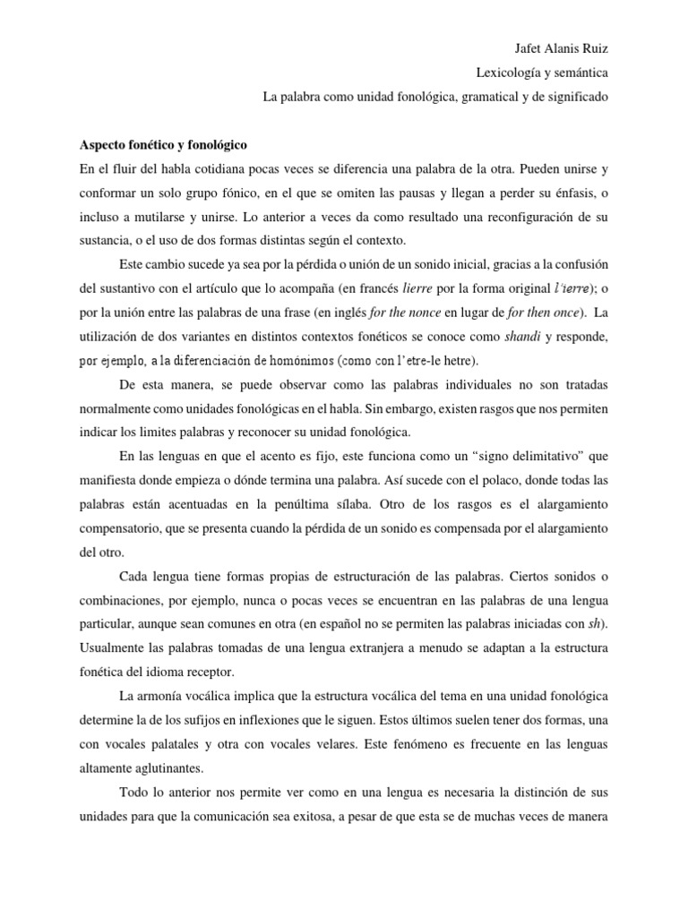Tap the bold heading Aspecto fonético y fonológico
(164, 143)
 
